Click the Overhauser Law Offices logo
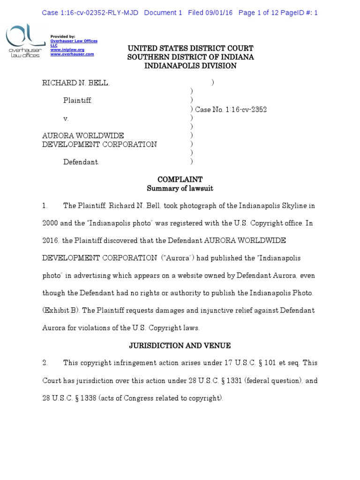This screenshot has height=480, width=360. [22, 42]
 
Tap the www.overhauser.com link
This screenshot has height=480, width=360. [72, 54]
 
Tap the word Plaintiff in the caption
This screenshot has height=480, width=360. [78, 100]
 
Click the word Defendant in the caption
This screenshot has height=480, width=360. [81, 162]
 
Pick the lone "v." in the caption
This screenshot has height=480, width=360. [67, 119]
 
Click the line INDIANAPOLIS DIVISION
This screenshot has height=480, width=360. [190, 66]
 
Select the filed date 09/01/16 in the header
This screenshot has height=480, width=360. [219, 13]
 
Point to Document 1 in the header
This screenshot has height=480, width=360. [163, 13]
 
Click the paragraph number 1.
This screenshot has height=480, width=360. [45, 206]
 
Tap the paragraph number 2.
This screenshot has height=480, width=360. [45, 363]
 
